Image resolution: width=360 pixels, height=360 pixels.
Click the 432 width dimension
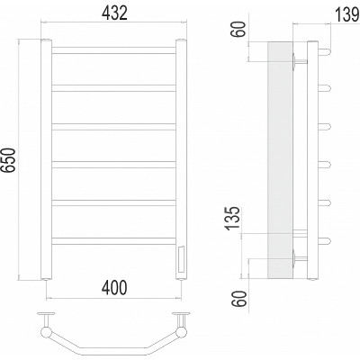(114, 13)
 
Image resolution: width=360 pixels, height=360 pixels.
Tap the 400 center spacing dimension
(114, 288)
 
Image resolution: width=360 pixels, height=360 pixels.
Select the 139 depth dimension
(346, 15)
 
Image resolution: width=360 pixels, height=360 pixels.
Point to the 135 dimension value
(233, 218)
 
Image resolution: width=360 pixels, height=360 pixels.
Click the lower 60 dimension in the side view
(240, 299)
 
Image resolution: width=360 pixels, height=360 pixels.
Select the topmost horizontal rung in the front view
(113, 50)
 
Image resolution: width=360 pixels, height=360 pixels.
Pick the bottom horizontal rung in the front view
(113, 241)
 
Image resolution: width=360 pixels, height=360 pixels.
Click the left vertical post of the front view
(46, 159)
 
